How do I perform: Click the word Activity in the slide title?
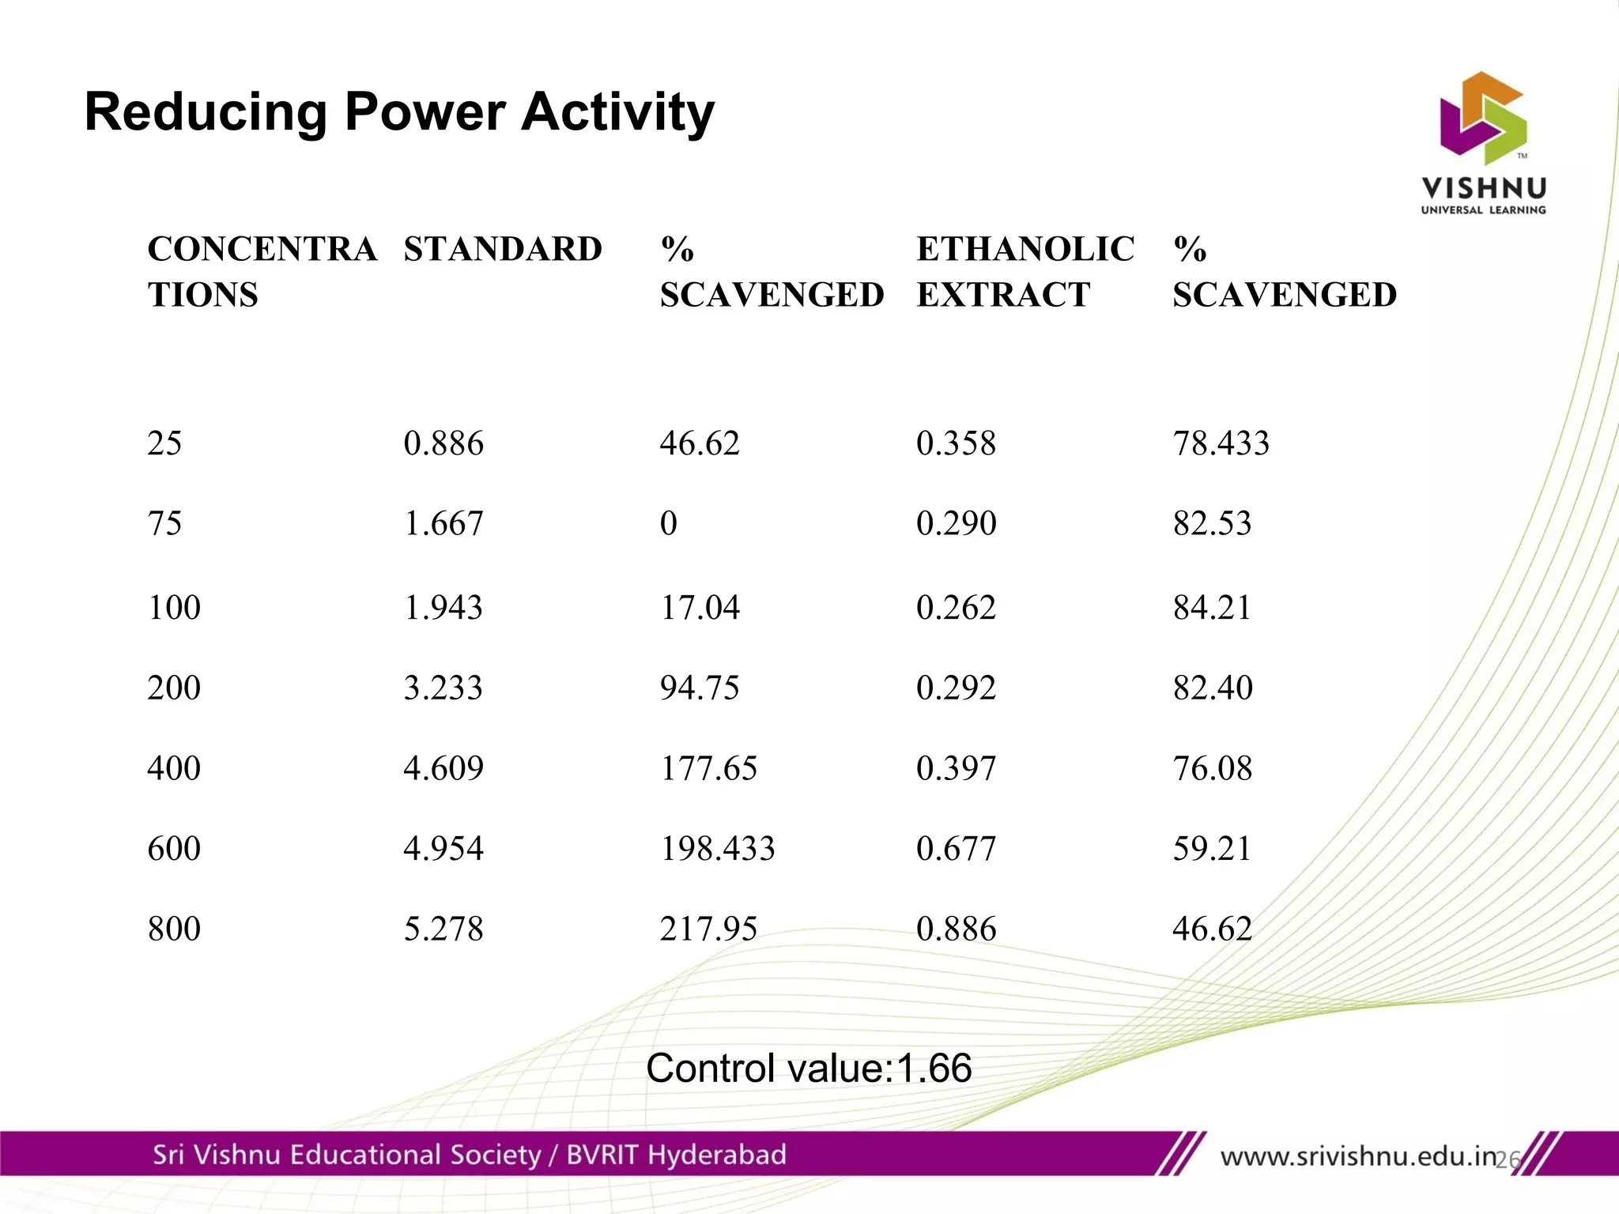point(617,112)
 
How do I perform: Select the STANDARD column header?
point(503,250)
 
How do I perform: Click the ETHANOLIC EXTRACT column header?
point(1025,272)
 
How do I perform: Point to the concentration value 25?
point(164,443)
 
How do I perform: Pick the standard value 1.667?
point(443,523)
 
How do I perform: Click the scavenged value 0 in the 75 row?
point(669,523)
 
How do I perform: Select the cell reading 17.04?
point(700,608)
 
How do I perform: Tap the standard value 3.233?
point(443,688)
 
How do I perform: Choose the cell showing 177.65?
point(708,768)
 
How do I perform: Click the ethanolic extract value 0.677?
point(956,849)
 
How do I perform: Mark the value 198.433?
point(717,849)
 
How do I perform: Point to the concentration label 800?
point(174,929)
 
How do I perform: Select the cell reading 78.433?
point(1221,443)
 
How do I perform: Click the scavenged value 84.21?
point(1212,608)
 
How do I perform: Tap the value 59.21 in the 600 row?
point(1212,849)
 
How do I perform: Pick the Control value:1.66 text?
point(809,1069)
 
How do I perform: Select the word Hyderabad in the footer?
point(716,1155)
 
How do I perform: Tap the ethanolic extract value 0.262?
point(956,608)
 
